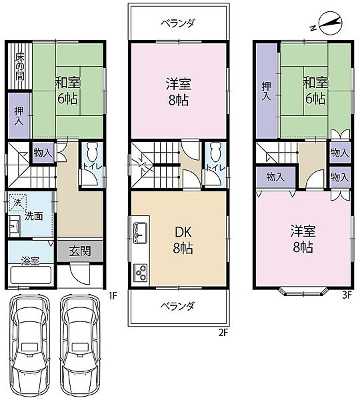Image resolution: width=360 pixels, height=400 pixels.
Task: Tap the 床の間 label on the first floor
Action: coord(19,67)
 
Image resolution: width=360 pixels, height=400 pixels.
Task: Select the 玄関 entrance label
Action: coord(80,251)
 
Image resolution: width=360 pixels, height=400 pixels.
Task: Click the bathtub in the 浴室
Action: coord(31,274)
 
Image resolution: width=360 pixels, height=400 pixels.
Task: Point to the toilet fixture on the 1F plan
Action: coord(92,151)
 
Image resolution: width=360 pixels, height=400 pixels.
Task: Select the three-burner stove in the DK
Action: coord(141,273)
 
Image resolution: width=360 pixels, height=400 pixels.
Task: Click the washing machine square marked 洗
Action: coord(18,203)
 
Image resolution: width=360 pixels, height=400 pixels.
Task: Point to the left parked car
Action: coord(29,345)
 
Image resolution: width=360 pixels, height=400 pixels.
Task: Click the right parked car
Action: coord(79,345)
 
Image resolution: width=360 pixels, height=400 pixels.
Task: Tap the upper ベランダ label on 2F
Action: coord(179,23)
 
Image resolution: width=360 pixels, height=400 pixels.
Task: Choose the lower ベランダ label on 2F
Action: coord(179,306)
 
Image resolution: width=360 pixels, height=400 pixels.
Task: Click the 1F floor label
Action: coord(113,295)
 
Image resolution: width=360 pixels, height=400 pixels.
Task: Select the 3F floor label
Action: coord(347,295)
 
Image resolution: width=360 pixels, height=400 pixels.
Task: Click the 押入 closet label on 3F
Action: coord(267,91)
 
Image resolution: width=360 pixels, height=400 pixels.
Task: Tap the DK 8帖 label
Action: coord(183,240)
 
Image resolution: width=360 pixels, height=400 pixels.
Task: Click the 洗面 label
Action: coord(34,217)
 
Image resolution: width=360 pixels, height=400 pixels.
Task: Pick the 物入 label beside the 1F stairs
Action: coord(43,153)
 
